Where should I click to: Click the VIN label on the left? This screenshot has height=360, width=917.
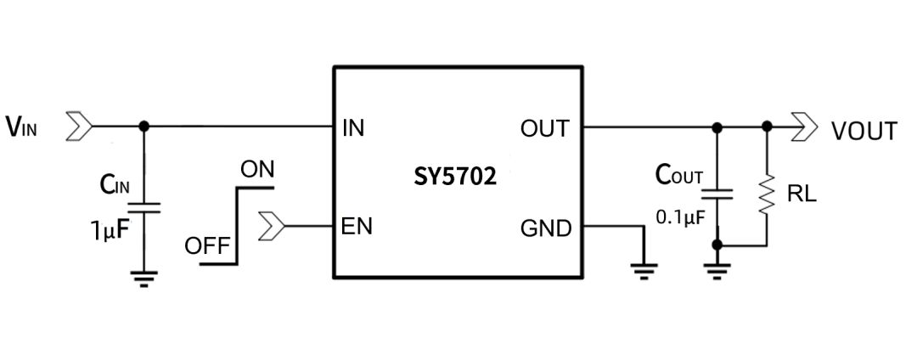[23, 127]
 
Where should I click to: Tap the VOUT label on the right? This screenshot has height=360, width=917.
[863, 132]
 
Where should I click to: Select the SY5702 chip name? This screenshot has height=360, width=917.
[456, 178]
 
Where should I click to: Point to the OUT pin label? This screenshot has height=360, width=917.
[545, 129]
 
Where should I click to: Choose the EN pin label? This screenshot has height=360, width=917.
[357, 228]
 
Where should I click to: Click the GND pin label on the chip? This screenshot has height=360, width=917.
[546, 228]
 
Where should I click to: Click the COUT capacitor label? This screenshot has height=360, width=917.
[679, 175]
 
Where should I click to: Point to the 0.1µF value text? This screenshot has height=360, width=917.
[678, 217]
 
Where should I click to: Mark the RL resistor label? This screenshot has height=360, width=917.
[802, 194]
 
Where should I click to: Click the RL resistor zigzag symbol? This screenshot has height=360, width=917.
[768, 194]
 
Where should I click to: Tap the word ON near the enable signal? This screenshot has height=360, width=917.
[257, 170]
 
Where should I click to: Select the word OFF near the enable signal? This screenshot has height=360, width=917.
[207, 247]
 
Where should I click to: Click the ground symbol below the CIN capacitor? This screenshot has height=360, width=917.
[143, 278]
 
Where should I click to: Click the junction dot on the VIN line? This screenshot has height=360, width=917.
[143, 127]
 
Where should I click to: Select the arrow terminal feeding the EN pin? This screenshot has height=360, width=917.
[273, 227]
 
